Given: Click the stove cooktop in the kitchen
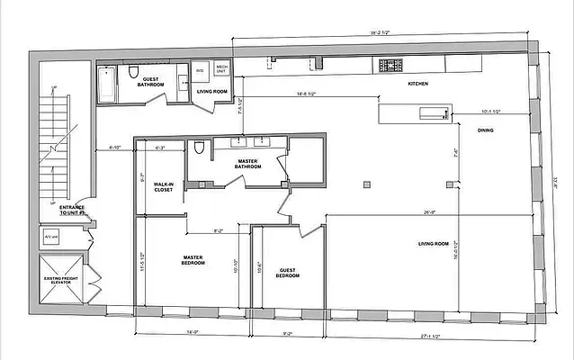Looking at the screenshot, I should (390, 65).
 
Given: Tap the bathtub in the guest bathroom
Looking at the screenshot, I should (106, 85).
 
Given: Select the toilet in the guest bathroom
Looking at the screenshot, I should (132, 72).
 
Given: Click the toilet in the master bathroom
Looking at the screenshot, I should (198, 147).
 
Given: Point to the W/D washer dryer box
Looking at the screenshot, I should (200, 71).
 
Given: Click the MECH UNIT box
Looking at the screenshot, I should (221, 69).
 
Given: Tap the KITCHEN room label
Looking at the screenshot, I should (417, 84).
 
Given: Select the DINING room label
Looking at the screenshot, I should (485, 130).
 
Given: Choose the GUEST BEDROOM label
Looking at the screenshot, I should (287, 273).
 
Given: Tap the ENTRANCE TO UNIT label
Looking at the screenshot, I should (72, 211).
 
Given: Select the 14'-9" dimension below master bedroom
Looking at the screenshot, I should (193, 331).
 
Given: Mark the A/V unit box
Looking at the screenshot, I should (50, 237).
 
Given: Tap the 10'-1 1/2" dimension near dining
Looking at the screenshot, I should (491, 112).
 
